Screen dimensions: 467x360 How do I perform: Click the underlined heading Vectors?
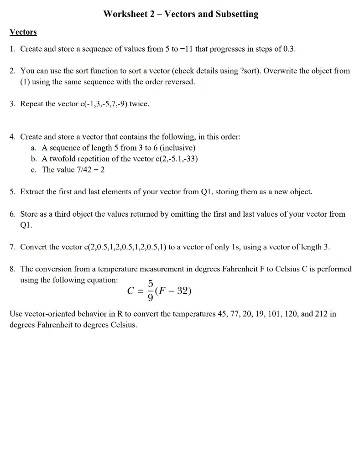[23, 32]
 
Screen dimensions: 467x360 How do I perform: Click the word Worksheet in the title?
[125, 14]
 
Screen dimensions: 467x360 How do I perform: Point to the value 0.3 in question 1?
[289, 49]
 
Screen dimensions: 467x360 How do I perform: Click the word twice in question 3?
[139, 104]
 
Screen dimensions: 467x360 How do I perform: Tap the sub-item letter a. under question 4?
[34, 148]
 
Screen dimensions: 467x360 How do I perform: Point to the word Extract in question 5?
[32, 192]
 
